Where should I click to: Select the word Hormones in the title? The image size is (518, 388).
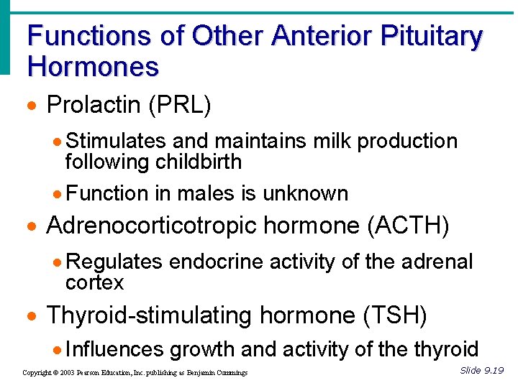[93, 67]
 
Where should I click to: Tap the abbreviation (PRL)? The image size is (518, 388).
[180, 105]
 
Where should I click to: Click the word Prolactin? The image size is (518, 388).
[94, 105]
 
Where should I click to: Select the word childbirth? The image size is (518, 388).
[199, 162]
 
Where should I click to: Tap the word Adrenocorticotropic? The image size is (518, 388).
[150, 226]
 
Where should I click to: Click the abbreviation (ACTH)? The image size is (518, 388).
[408, 226]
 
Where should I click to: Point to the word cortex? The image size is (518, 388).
[94, 282]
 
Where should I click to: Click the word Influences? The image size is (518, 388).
[114, 349]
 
